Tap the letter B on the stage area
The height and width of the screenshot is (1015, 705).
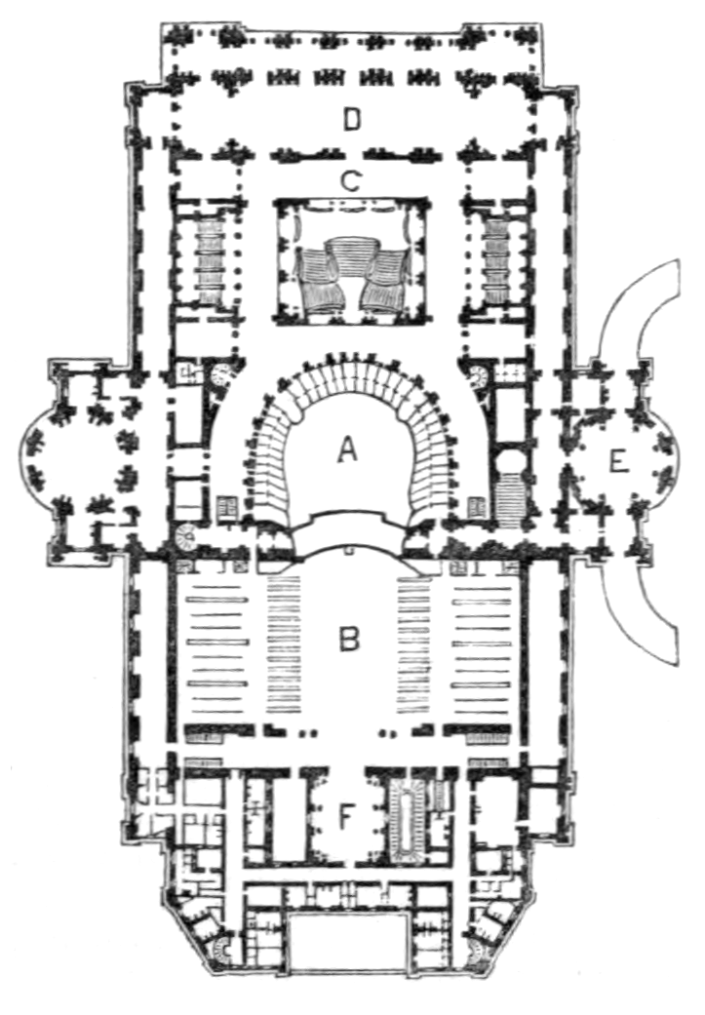(349, 639)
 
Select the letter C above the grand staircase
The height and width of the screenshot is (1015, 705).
(350, 180)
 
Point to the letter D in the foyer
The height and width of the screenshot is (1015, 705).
(351, 121)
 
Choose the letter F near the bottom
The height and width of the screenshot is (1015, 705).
(346, 817)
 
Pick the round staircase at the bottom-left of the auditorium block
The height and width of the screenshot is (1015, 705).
(185, 532)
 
